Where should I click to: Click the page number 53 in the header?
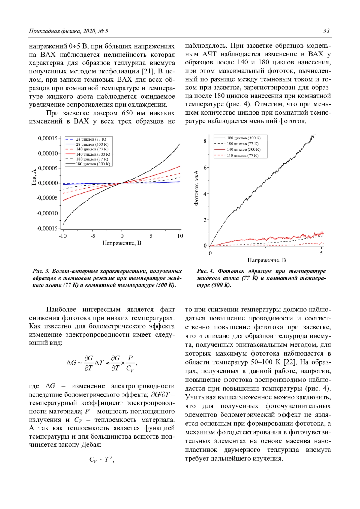coord(326,31)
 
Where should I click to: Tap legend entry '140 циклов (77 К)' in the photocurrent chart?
coord(242,156)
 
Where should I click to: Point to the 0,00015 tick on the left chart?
coord(48,138)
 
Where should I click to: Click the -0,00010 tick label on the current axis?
coord(47,213)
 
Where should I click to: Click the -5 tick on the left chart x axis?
coord(93,236)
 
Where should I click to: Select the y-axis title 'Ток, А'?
coord(34,177)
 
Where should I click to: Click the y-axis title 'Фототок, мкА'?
coord(196,188)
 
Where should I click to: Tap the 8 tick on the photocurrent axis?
coord(205,141)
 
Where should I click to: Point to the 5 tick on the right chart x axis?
coord(321,253)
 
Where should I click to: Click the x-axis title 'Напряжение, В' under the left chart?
coord(122,243)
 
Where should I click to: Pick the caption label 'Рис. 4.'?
coord(205,271)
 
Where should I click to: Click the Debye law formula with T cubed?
coord(102,459)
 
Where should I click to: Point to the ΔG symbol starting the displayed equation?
coord(71,363)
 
